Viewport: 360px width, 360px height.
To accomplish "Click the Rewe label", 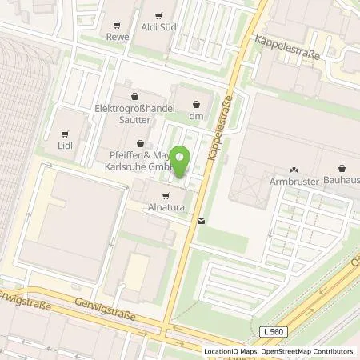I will point(118,36).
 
